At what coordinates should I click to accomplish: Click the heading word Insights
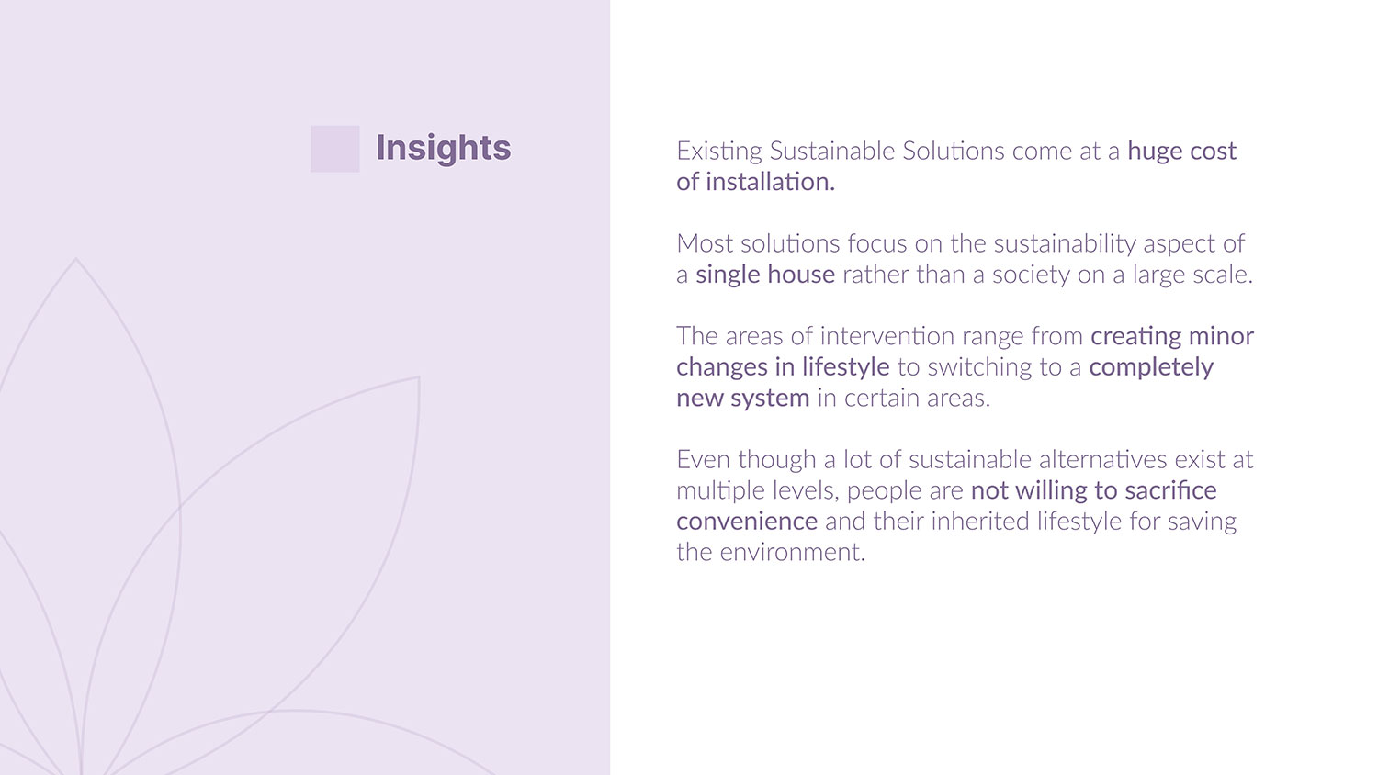[x=443, y=149]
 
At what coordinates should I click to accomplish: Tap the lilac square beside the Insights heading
[x=334, y=149]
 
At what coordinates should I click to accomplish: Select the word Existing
[x=719, y=152]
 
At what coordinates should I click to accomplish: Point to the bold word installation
[x=770, y=182]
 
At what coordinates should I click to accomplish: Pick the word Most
[x=705, y=243]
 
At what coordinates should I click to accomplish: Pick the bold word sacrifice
[x=1170, y=490]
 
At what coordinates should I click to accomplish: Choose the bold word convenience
[x=747, y=522]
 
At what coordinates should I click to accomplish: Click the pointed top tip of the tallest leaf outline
[x=75, y=258]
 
